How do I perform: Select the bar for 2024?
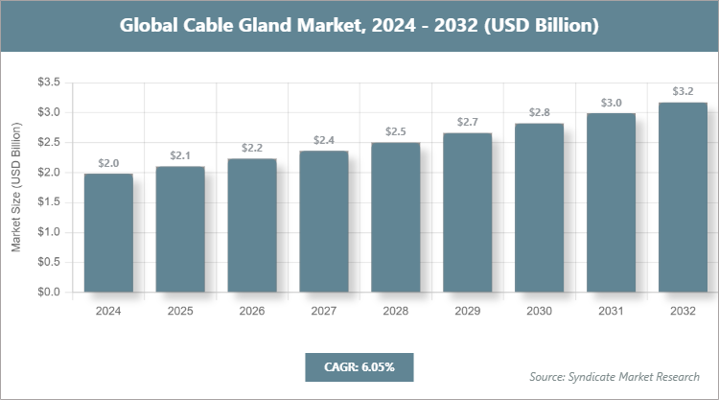[x=108, y=233]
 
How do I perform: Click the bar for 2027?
[x=323, y=222]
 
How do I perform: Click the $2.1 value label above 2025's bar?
[x=180, y=155]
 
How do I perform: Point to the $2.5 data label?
[x=396, y=131]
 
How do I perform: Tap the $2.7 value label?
[x=468, y=122]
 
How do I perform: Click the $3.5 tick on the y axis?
[x=49, y=83]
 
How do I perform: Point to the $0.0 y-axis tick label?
[x=49, y=292]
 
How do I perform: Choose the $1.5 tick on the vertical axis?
[x=49, y=202]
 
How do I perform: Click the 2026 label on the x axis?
[x=252, y=311]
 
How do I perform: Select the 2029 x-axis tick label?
[x=468, y=311]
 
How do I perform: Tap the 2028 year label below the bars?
[x=396, y=311]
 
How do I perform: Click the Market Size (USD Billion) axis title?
[x=16, y=188]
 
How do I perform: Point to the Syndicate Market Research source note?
[x=615, y=376]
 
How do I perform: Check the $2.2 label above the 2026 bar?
[x=252, y=148]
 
